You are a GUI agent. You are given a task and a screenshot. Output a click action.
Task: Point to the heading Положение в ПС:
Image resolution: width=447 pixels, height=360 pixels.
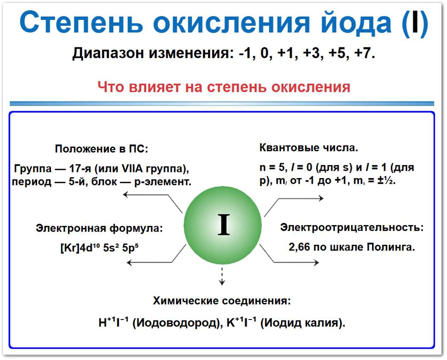pyautogui.click(x=101, y=149)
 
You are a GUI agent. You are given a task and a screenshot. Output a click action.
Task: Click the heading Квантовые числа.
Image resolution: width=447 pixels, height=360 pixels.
pyautogui.click(x=308, y=148)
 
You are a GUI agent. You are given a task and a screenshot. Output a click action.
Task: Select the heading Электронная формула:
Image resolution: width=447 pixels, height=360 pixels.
pyautogui.click(x=99, y=228)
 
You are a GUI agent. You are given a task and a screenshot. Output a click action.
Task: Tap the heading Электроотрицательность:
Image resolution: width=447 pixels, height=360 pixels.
pyautogui.click(x=352, y=227)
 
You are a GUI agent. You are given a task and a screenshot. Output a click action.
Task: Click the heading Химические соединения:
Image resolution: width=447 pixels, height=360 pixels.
pyautogui.click(x=222, y=301)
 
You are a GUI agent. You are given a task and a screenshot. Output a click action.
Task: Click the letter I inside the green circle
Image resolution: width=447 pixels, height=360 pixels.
pyautogui.click(x=223, y=225)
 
